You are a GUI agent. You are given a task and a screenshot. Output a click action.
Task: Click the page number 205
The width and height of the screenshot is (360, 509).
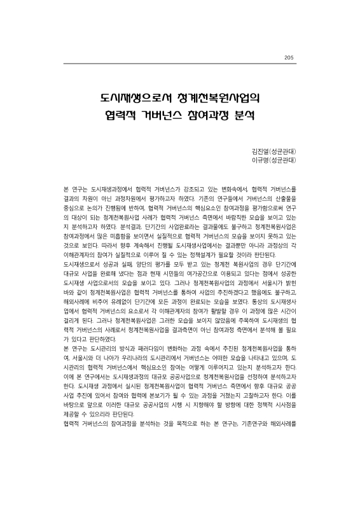(289, 59)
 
